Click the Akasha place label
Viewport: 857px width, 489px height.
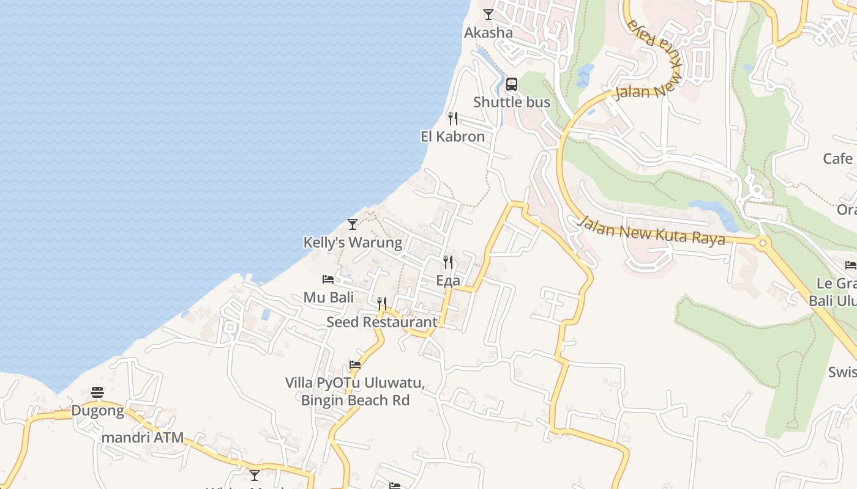tap(488, 32)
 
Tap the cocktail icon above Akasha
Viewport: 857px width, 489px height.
tap(488, 14)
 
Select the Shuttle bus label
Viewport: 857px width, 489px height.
tap(512, 102)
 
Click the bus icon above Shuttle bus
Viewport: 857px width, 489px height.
tap(512, 84)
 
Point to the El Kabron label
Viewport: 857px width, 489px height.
tap(452, 136)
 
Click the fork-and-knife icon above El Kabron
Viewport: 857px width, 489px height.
tap(453, 118)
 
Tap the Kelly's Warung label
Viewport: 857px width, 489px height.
tap(353, 243)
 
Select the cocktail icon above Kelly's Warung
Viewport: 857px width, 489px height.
tap(353, 224)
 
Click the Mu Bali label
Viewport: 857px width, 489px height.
tap(329, 298)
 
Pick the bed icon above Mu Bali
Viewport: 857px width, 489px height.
tap(328, 279)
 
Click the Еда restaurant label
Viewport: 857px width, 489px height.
tap(448, 281)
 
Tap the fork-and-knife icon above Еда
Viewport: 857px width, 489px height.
tap(448, 262)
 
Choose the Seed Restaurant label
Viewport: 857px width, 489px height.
tap(382, 322)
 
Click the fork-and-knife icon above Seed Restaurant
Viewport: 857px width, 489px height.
tap(382, 303)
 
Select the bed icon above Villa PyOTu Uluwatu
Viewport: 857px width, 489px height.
tap(355, 365)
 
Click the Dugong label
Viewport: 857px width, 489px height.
tap(97, 410)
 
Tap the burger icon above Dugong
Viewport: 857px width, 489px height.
tap(97, 392)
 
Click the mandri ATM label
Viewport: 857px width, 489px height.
tap(143, 438)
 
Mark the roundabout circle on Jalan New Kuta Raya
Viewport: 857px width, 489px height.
tap(762, 243)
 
